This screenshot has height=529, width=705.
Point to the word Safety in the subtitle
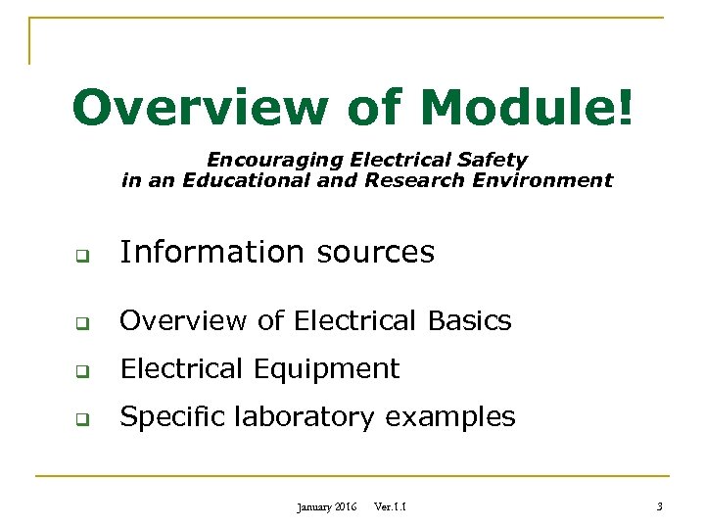494,159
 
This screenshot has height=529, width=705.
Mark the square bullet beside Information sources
84,258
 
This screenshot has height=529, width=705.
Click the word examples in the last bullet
449,417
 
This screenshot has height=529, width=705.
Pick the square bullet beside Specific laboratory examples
84,422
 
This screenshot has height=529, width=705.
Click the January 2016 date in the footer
326,507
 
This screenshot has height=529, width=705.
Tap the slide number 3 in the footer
660,507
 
